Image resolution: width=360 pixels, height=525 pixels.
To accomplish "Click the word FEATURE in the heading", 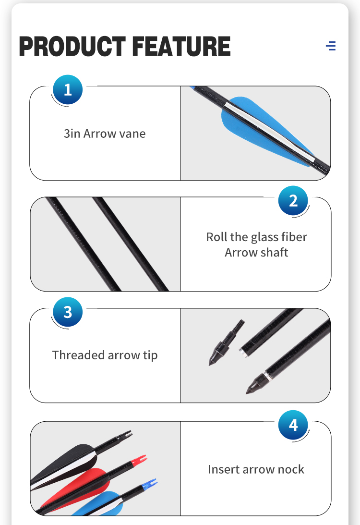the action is pos(181,46).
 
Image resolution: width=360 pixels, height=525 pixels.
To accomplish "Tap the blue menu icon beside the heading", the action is pos(331,46).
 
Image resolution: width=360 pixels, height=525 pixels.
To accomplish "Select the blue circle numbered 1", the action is pos(68,90).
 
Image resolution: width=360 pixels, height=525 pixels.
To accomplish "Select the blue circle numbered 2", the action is pos(293,201).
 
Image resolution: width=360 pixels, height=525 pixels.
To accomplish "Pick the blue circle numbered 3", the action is pos(68,312).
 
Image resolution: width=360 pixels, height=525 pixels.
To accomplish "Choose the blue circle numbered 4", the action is pos(293,425).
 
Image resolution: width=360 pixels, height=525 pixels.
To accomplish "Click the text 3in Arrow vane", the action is pos(105,134).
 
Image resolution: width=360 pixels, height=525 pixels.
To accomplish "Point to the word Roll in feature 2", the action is pos(216,237).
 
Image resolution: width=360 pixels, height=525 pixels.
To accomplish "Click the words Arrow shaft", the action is pos(256,252).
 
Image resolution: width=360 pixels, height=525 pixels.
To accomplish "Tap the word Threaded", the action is pos(78,355).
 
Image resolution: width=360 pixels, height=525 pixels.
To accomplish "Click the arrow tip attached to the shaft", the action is pos(258,383).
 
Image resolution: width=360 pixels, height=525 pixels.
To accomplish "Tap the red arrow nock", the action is pos(139,461).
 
